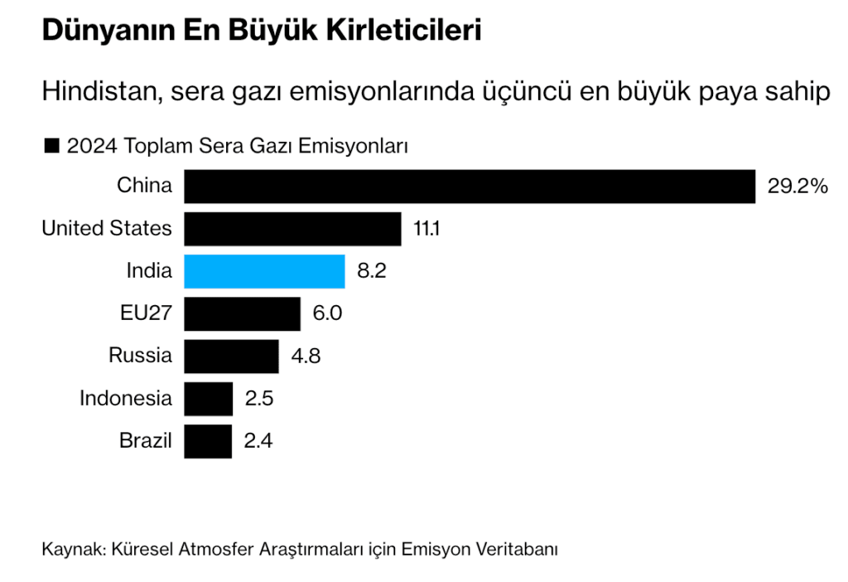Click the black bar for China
tap(469, 187)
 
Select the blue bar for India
tap(264, 271)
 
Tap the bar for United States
tap(292, 229)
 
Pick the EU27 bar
tap(242, 314)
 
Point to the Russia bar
tap(231, 356)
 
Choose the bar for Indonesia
tap(208, 399)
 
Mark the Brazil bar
tap(207, 441)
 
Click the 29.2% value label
tap(797, 187)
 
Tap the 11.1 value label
tap(426, 229)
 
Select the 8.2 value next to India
tap(372, 271)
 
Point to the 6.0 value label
tap(327, 314)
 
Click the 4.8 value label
tap(305, 356)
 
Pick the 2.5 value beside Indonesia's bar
tap(258, 399)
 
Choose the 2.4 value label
tap(258, 441)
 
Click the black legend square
tap(51, 147)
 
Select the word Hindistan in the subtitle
tap(99, 90)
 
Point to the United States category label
tap(107, 228)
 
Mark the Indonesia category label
tap(126, 398)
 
